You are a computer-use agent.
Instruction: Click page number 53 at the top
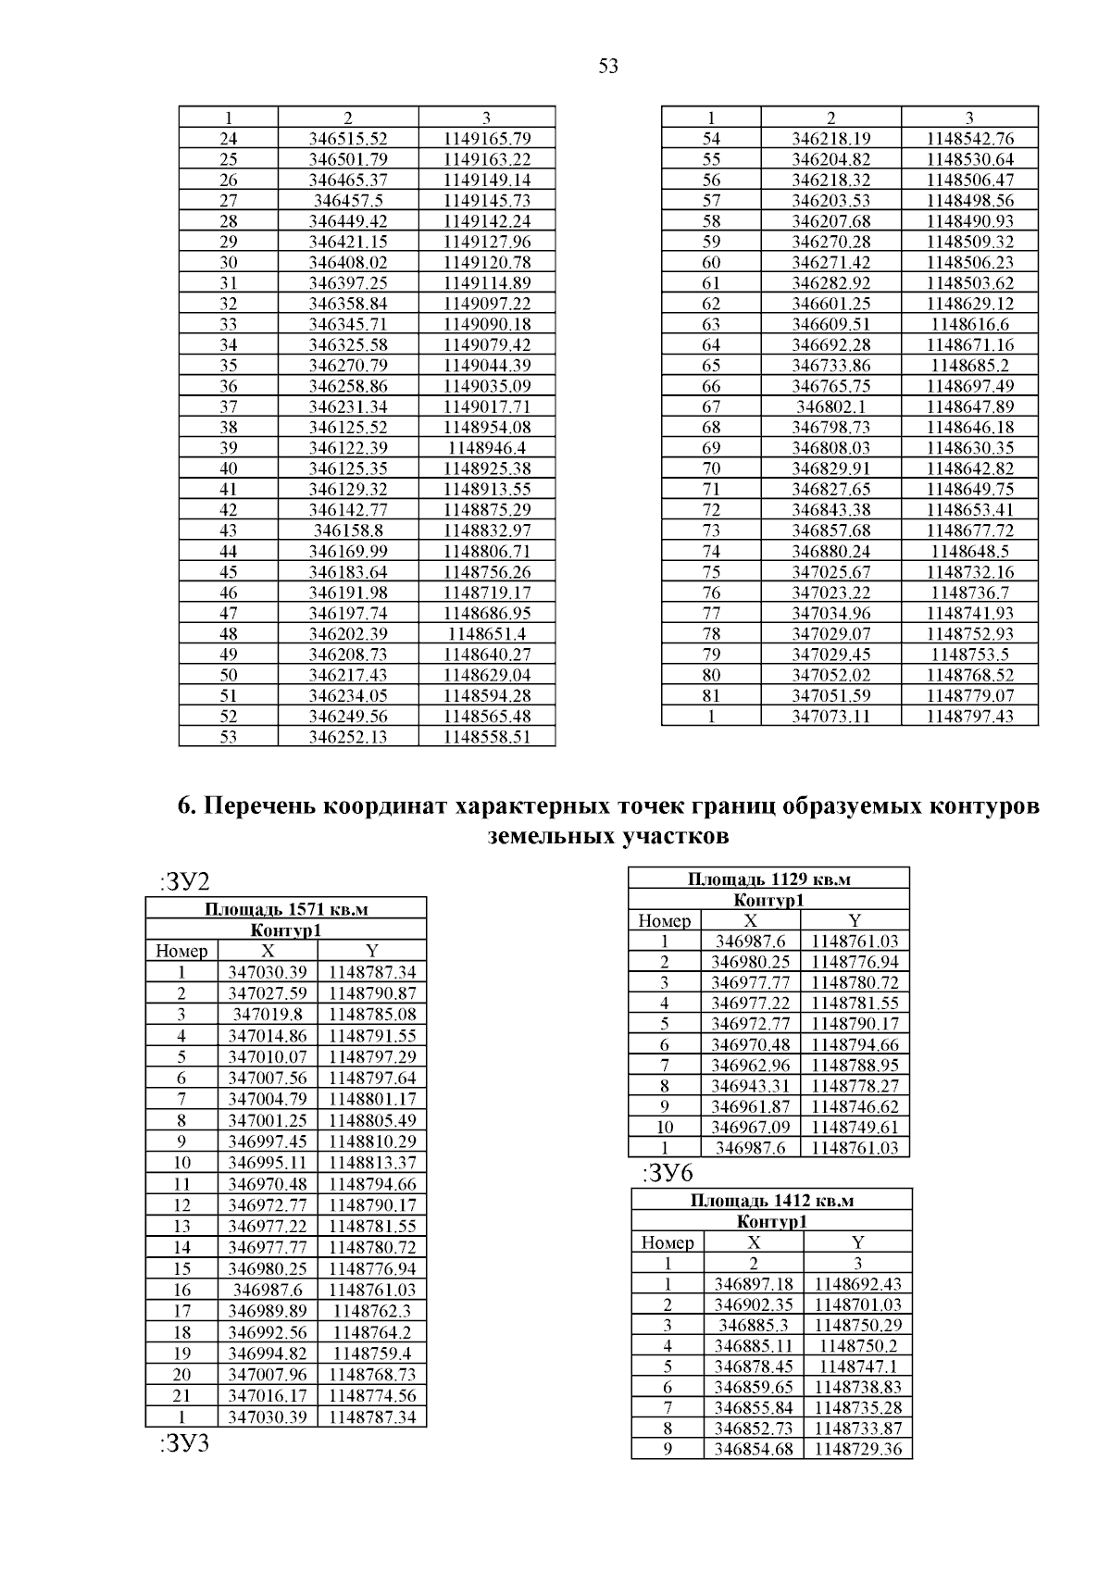coord(608,67)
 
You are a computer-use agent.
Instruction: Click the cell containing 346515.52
coord(348,139)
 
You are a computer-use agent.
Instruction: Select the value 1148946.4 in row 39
coord(486,448)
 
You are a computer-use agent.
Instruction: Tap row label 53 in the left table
coord(228,737)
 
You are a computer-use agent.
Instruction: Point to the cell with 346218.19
coord(830,139)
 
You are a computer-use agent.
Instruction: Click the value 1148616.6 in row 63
coord(969,324)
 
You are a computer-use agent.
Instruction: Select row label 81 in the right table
coord(711,695)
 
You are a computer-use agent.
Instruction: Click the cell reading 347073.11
coord(830,716)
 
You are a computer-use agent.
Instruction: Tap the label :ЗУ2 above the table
coord(184,881)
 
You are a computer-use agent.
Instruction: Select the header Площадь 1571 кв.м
coord(286,909)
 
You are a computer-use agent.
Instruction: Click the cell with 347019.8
coord(268,1014)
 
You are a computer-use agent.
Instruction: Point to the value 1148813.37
coord(372,1162)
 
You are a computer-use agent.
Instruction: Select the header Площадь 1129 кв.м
coord(768,879)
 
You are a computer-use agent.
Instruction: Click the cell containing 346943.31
coord(750,1086)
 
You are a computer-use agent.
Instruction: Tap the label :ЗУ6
coord(667,1174)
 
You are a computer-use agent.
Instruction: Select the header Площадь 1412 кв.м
coord(771,1201)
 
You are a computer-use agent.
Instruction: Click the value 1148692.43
coord(857,1284)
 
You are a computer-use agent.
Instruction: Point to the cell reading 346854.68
coord(754,1449)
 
